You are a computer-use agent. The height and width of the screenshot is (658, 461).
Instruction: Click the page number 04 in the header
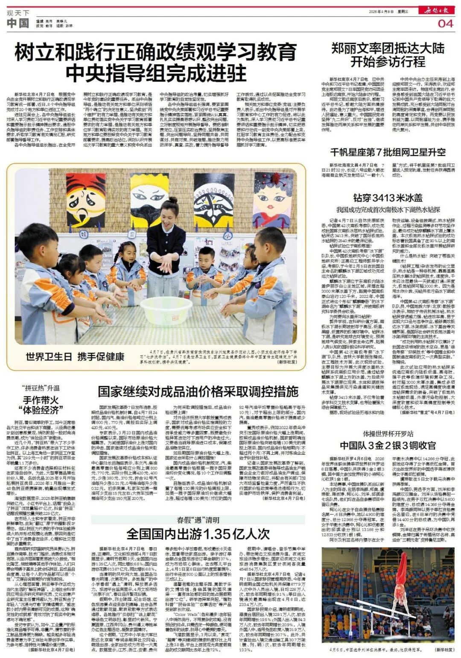[x=445, y=23]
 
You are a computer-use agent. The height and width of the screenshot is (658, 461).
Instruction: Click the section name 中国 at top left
[x=18, y=23]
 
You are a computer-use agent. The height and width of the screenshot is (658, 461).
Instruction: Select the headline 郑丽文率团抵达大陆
[x=388, y=49]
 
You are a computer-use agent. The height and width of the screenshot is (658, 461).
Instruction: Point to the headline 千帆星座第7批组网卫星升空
[x=388, y=152]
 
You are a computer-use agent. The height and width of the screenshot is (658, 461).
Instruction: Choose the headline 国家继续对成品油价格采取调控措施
[x=198, y=391]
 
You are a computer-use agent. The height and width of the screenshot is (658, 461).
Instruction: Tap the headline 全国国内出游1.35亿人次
[x=198, y=534]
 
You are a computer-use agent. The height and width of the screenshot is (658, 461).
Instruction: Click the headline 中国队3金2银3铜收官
[x=388, y=446]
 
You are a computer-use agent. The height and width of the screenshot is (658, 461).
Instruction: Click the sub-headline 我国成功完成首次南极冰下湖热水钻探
[x=388, y=210]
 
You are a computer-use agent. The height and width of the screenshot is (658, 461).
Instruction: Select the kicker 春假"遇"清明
[x=198, y=520]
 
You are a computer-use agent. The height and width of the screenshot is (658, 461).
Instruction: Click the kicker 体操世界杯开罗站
[x=388, y=434]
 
